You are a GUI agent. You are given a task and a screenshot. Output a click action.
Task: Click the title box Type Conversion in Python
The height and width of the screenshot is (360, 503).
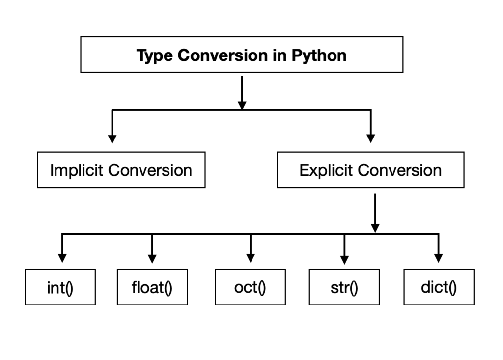(x=242, y=55)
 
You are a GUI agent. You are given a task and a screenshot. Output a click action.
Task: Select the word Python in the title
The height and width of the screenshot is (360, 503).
(x=319, y=55)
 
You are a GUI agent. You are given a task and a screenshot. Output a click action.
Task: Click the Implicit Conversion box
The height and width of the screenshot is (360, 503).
(x=121, y=170)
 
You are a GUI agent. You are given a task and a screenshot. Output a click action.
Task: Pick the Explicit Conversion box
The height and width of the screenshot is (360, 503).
(x=370, y=170)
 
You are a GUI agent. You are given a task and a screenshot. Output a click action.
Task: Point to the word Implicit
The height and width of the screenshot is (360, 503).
(x=77, y=170)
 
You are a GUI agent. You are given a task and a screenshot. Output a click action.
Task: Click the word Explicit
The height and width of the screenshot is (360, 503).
(x=326, y=170)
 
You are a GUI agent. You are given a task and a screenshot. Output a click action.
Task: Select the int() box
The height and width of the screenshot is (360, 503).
(x=60, y=287)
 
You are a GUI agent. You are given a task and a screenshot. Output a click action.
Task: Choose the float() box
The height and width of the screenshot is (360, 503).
(x=152, y=287)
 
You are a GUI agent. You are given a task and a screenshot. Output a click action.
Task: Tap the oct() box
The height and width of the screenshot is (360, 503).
(x=250, y=287)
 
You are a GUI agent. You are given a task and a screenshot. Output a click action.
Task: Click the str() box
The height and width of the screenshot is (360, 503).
(x=344, y=287)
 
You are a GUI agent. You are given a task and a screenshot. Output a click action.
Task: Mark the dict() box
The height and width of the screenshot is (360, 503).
(x=439, y=287)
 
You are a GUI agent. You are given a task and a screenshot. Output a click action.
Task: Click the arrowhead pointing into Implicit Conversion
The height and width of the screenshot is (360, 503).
(x=112, y=138)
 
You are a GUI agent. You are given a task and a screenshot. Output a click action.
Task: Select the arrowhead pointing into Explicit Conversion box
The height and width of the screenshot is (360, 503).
(x=371, y=138)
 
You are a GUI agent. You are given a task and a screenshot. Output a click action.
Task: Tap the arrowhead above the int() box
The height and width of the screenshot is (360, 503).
(x=62, y=258)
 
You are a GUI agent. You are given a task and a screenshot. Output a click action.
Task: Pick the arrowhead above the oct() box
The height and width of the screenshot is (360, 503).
(x=251, y=258)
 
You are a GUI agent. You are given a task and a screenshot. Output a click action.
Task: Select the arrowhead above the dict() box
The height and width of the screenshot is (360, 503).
(x=439, y=258)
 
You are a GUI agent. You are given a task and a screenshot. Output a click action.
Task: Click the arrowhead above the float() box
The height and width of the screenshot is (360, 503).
(x=152, y=258)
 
